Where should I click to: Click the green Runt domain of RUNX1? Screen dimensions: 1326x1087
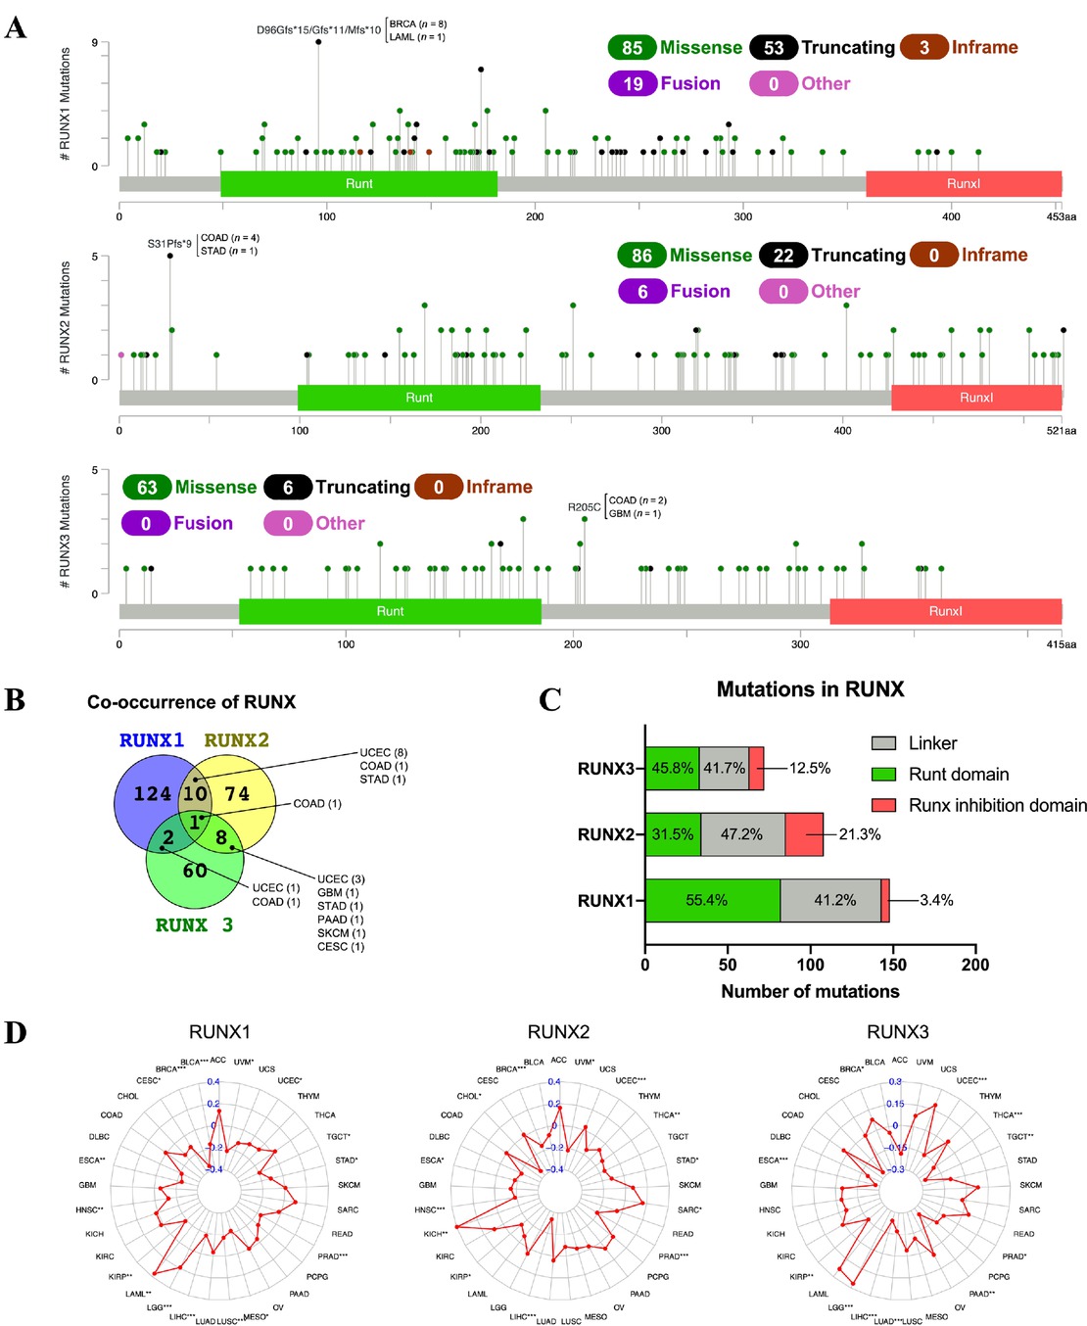coord(358,184)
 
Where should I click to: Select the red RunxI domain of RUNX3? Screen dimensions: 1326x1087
coord(945,611)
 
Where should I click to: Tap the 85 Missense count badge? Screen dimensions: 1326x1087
coord(632,48)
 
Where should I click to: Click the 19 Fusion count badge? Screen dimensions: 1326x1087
coord(633,84)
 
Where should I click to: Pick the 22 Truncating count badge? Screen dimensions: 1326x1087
coord(782,256)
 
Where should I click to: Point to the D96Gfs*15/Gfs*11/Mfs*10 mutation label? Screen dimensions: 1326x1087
coord(318,30)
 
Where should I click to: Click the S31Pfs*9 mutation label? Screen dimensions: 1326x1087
coord(169,244)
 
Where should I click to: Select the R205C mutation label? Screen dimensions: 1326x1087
coord(584,507)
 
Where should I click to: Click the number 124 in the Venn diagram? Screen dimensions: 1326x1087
coord(152,794)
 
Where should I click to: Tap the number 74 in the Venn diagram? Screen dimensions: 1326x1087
coord(237,794)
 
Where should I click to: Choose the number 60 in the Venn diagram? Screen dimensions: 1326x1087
coord(195,871)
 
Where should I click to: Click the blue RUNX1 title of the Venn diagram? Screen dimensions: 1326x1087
coord(152,740)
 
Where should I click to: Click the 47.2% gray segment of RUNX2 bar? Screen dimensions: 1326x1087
coord(741,834)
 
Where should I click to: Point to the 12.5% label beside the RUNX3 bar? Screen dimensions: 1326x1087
coord(809,769)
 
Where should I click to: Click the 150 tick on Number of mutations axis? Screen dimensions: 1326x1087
coord(893,965)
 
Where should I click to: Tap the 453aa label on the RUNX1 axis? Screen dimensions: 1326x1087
coord(1061,216)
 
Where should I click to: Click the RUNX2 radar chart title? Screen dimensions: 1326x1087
coord(558,1032)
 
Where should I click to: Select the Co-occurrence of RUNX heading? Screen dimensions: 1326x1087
coord(191,702)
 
